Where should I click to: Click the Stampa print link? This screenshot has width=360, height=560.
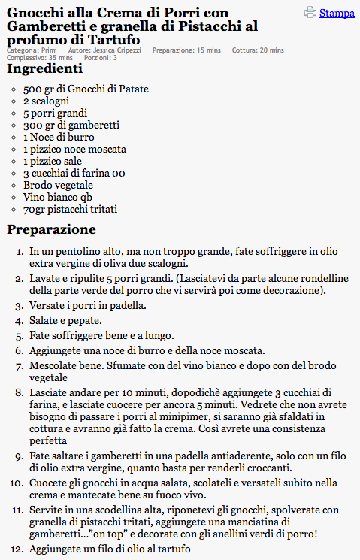pos(337,13)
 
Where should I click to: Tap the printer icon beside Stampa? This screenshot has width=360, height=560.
pos(310,12)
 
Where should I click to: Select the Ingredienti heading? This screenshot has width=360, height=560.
pos(44,69)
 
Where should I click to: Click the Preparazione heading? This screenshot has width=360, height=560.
pos(51,229)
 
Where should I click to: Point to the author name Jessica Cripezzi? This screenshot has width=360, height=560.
pos(114,50)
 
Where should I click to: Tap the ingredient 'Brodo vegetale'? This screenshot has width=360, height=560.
pos(58,185)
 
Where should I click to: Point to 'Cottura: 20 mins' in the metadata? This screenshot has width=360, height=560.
pos(258,50)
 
